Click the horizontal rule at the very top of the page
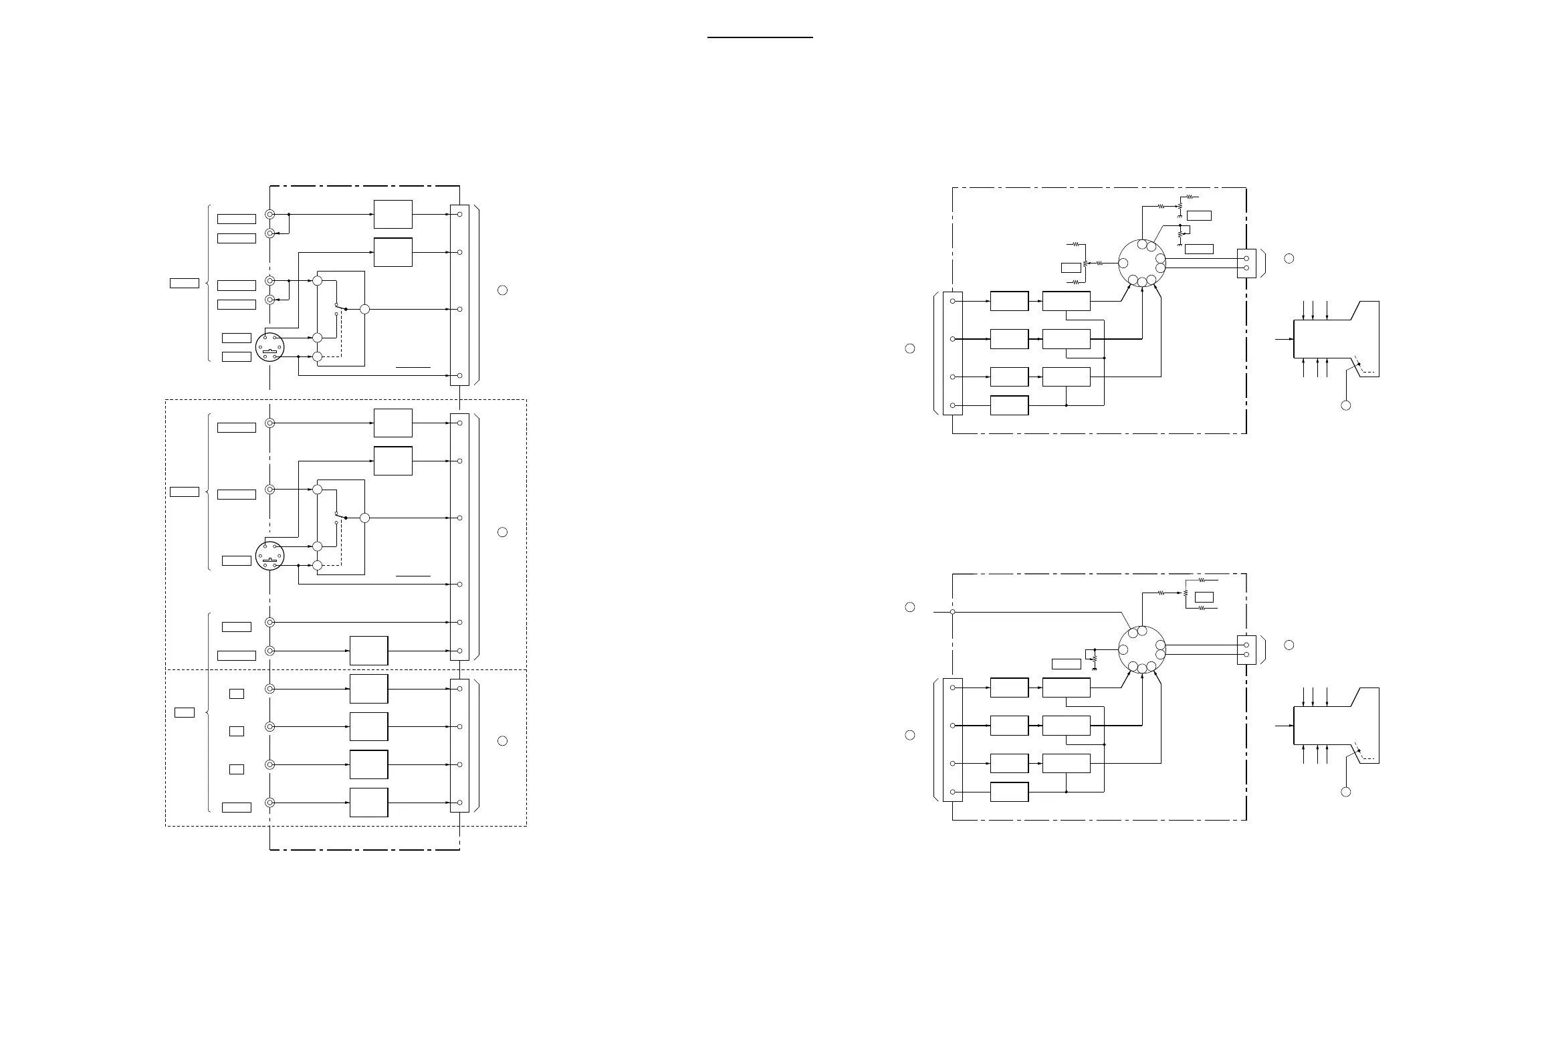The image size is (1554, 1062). click(760, 38)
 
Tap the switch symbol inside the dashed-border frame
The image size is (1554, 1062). click(340, 518)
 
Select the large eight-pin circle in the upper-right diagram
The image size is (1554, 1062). click(1141, 263)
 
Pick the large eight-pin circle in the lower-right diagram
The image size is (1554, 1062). click(1141, 649)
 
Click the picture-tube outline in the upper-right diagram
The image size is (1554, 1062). click(1336, 339)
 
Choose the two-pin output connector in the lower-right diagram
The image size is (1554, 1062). click(1246, 649)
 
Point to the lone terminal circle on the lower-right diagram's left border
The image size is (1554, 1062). click(952, 612)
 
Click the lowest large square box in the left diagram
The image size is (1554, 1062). click(368, 803)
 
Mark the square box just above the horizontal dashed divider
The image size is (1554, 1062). click(368, 651)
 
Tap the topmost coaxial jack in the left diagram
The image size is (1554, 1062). click(269, 215)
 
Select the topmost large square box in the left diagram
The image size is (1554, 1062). click(393, 214)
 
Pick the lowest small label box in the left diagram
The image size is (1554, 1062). click(236, 807)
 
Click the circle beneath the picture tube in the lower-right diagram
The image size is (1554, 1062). click(1346, 792)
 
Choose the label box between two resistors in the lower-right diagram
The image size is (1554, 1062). click(1204, 597)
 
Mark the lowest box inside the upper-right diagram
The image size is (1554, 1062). click(1009, 406)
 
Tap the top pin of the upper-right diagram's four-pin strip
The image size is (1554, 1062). click(952, 301)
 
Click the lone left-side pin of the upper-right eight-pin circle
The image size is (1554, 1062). click(1123, 263)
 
